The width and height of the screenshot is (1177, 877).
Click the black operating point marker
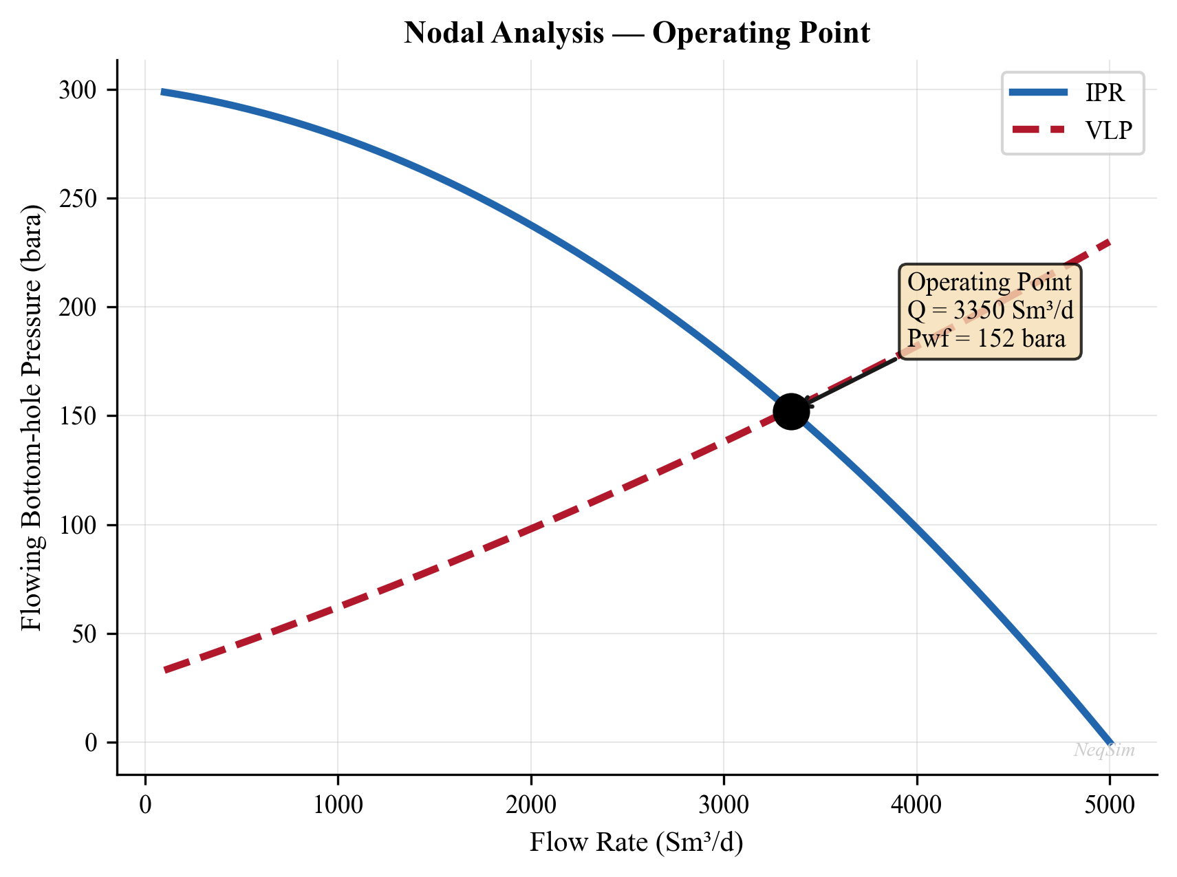click(x=791, y=411)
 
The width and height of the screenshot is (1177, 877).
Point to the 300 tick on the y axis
click(x=79, y=90)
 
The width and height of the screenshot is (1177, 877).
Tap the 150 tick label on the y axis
click(x=79, y=416)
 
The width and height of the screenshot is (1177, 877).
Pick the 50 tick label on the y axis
click(x=85, y=634)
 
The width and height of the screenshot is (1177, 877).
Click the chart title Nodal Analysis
click(x=637, y=33)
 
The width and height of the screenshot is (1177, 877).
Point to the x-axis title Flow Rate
click(x=636, y=842)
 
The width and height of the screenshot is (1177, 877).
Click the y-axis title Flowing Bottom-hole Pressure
click(x=32, y=417)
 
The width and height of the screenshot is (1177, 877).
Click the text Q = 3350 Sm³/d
click(x=990, y=310)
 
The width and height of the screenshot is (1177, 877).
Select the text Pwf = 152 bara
click(x=986, y=338)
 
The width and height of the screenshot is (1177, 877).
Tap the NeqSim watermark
click(x=1104, y=750)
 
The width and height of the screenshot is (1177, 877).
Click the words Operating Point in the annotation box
click(x=989, y=282)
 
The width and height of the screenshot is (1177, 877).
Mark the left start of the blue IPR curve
click(x=163, y=91)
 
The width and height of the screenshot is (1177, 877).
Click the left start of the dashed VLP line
click(x=166, y=670)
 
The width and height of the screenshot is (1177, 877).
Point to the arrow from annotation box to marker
click(x=853, y=381)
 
